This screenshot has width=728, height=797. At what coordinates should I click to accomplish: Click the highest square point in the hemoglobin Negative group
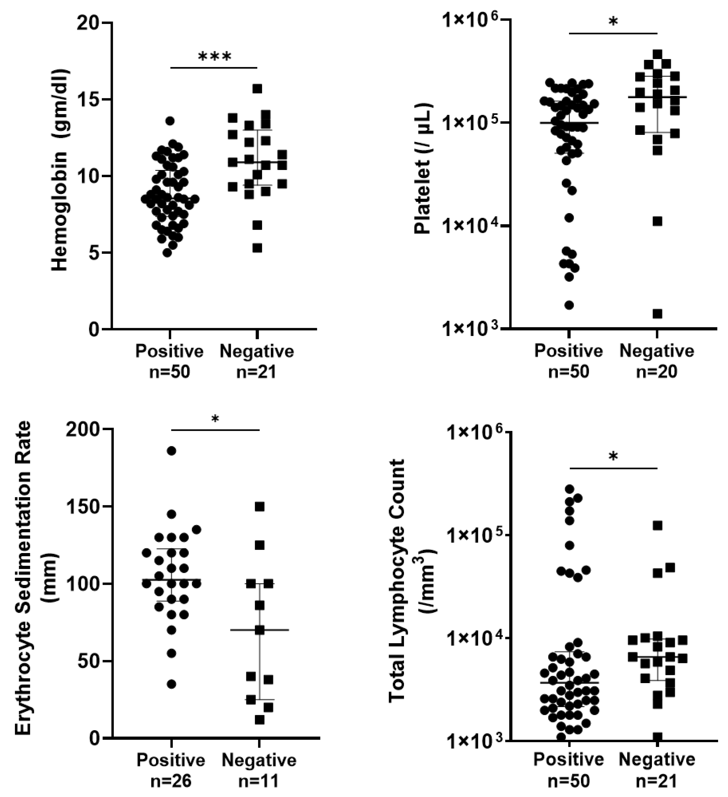pyautogui.click(x=258, y=88)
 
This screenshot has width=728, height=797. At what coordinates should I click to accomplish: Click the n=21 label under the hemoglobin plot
pyautogui.click(x=257, y=372)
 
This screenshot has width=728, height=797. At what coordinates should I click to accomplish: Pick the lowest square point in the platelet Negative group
pyautogui.click(x=657, y=314)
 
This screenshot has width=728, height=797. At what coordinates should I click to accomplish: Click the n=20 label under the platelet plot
pyautogui.click(x=656, y=372)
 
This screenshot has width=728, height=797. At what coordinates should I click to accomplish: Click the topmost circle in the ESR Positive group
pyautogui.click(x=171, y=451)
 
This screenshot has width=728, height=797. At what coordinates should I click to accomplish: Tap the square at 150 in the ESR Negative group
pyautogui.click(x=260, y=507)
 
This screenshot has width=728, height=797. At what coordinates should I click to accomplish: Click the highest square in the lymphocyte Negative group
pyautogui.click(x=657, y=525)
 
